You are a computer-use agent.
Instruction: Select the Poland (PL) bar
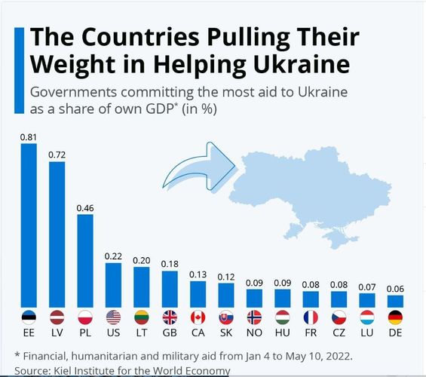84,260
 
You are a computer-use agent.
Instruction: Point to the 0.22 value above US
113,256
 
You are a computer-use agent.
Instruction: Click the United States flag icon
113,317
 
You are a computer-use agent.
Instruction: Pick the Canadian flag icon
198,317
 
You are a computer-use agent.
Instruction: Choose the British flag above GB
170,317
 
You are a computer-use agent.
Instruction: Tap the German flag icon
395,317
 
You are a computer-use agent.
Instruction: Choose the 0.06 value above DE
395,289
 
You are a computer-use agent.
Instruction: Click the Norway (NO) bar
254,298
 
